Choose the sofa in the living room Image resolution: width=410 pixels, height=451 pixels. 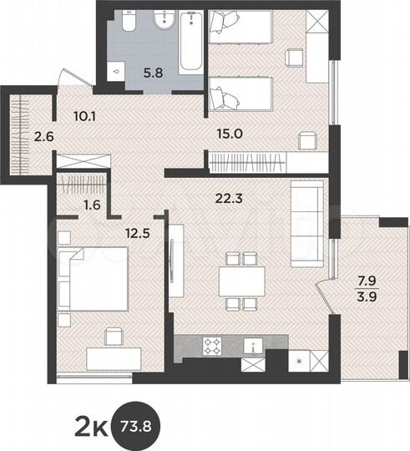pos(305,220)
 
